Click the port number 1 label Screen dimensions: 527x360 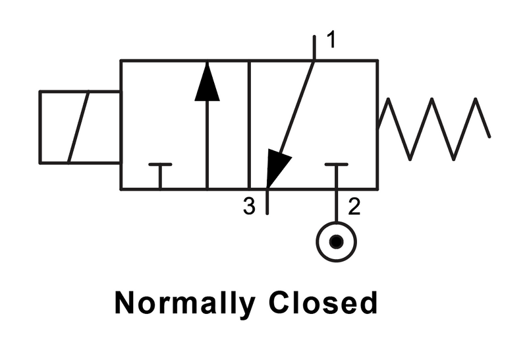tap(331, 40)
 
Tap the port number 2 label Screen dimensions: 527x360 tap(354, 206)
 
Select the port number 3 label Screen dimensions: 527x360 tap(249, 206)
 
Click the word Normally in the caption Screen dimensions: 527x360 tap(184, 303)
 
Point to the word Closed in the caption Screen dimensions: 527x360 tap(323, 302)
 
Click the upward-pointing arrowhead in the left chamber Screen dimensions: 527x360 tap(207, 81)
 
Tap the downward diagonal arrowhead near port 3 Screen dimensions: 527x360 tap(276, 168)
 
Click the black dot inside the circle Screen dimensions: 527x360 tap(337, 241)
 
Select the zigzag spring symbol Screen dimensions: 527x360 tap(432, 129)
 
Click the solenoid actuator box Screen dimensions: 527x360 tap(80, 127)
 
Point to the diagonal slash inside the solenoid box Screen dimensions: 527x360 tap(78, 127)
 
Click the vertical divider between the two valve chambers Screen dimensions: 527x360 tap(249, 125)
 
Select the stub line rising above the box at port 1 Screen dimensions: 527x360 tap(315, 47)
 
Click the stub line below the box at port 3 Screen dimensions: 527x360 tap(267, 202)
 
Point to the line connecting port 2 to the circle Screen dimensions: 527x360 tap(337, 206)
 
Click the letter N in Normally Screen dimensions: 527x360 tap(125, 303)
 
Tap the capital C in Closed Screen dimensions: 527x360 tap(279, 302)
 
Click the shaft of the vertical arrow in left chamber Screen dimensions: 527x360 tap(207, 144)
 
